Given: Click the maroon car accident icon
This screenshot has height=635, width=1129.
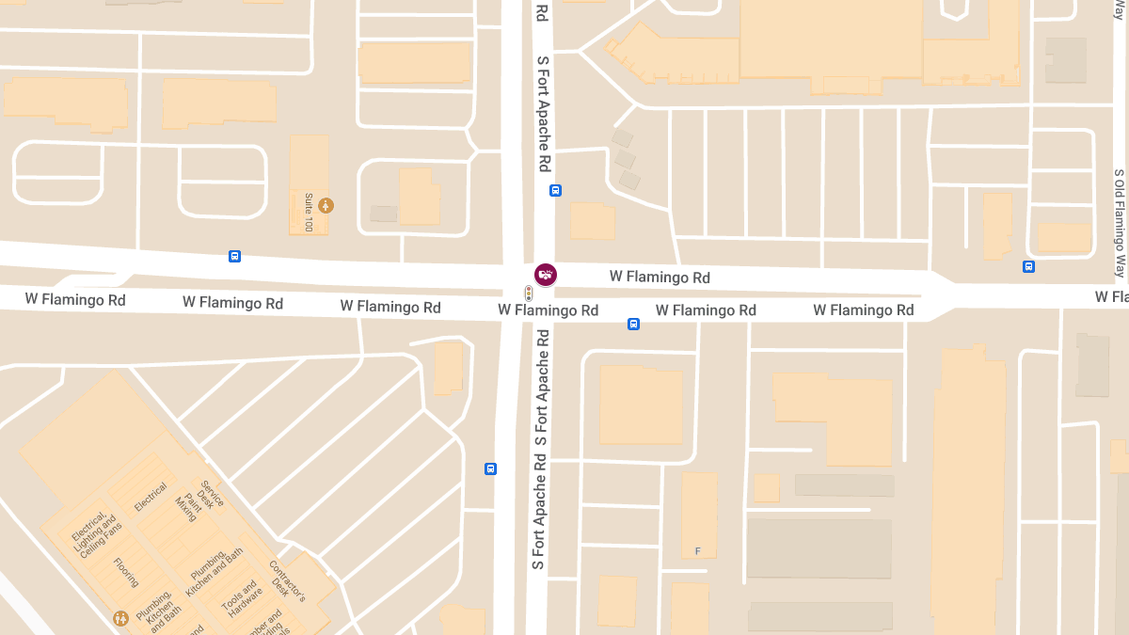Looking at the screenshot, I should coord(545,275).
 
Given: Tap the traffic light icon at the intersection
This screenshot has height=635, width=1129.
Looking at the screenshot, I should coord(529,294).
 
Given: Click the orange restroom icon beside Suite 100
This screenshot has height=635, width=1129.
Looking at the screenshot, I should coord(326,205).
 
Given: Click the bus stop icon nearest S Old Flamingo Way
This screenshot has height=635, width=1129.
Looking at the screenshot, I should coord(1028,266).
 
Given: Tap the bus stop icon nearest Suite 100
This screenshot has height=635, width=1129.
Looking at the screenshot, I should coord(234,256).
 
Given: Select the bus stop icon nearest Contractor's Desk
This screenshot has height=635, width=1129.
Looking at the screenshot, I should coord(490,468).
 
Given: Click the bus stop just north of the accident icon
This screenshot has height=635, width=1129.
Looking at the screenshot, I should coord(555,190).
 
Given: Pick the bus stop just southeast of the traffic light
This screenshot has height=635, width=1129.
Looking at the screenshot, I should coord(633,325).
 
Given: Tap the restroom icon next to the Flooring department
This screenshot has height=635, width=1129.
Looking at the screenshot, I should coord(120,618).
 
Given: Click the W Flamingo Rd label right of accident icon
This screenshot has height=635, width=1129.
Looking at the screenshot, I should coord(660,278).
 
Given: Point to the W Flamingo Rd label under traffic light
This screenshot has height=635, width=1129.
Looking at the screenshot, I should coord(549,310).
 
